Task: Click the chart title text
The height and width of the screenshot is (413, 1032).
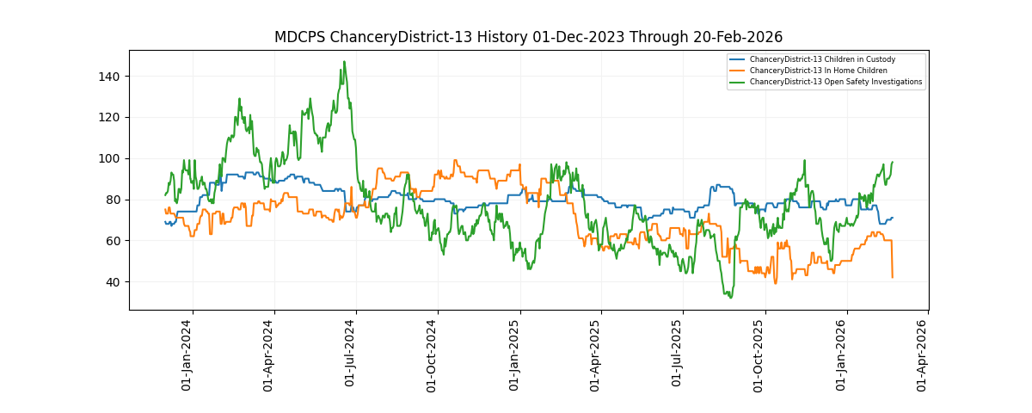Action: pyautogui.click(x=528, y=37)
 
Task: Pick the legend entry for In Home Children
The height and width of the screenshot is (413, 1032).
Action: pyautogui.click(x=818, y=71)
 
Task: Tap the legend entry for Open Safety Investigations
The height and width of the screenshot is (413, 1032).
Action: pyautogui.click(x=835, y=82)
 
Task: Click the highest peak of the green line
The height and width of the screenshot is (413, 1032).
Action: pyautogui.click(x=344, y=62)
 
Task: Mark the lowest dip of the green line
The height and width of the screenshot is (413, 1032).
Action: pyautogui.click(x=730, y=298)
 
